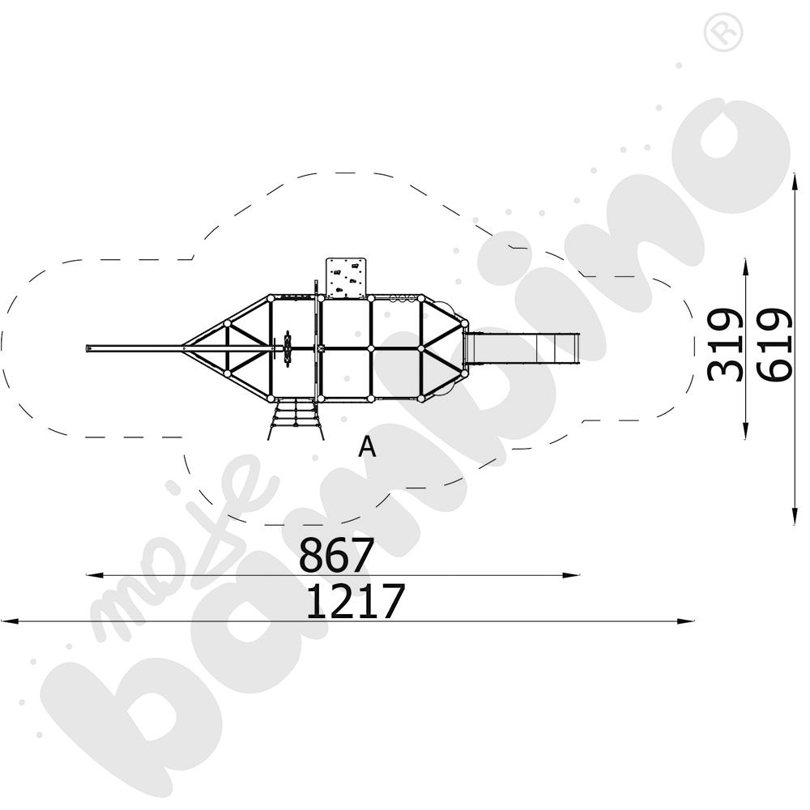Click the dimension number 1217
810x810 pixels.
tap(356, 601)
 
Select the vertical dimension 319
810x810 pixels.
tap(725, 345)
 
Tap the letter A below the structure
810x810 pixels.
tap(367, 447)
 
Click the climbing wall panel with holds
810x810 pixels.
tap(346, 277)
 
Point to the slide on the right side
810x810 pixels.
tap(522, 348)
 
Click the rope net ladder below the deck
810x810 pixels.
tap(296, 420)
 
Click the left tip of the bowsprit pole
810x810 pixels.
tap(87, 349)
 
